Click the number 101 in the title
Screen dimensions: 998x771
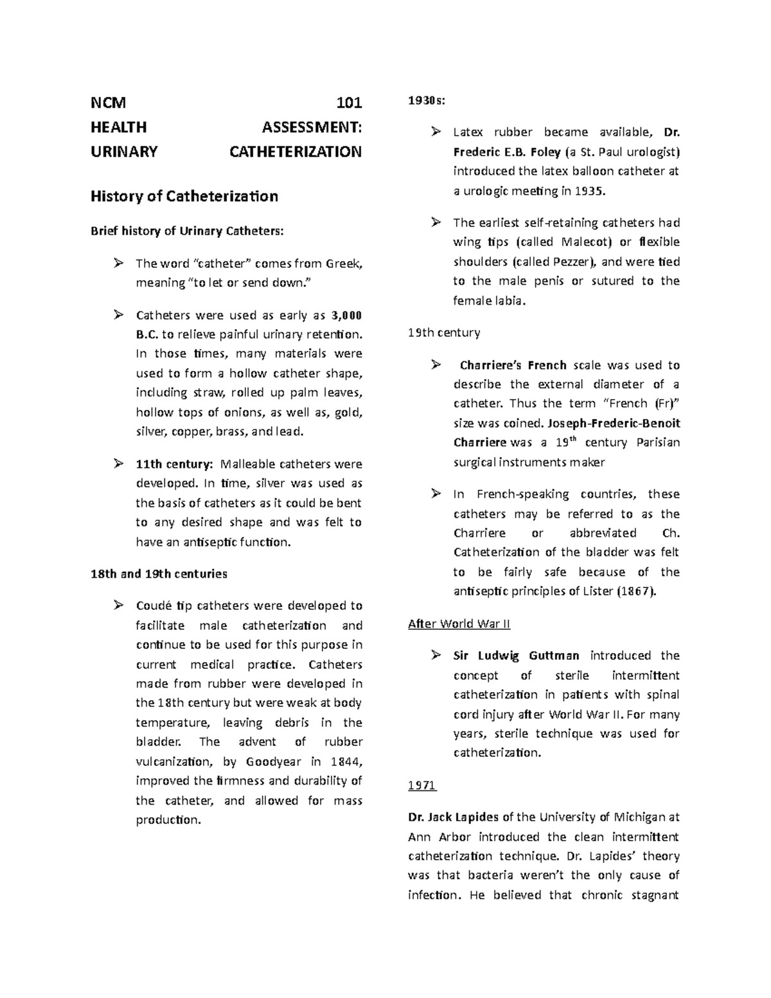pyautogui.click(x=350, y=103)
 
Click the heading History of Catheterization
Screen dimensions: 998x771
pyautogui.click(x=184, y=197)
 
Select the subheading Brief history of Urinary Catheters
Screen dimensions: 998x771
pyautogui.click(x=186, y=231)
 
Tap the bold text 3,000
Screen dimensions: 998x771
pyautogui.click(x=346, y=316)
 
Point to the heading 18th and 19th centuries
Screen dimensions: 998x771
pyautogui.click(x=159, y=573)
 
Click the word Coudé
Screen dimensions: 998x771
pyautogui.click(x=154, y=606)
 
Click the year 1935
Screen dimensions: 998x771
pyautogui.click(x=590, y=191)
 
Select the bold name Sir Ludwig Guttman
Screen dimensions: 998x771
pyautogui.click(x=516, y=656)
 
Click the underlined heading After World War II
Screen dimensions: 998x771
pyautogui.click(x=459, y=624)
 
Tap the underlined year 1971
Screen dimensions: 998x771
pyautogui.click(x=422, y=785)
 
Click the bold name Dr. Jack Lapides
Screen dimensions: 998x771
pyautogui.click(x=453, y=817)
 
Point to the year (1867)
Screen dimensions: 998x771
pyautogui.click(x=636, y=591)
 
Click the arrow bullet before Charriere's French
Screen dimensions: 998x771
pyautogui.click(x=436, y=365)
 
